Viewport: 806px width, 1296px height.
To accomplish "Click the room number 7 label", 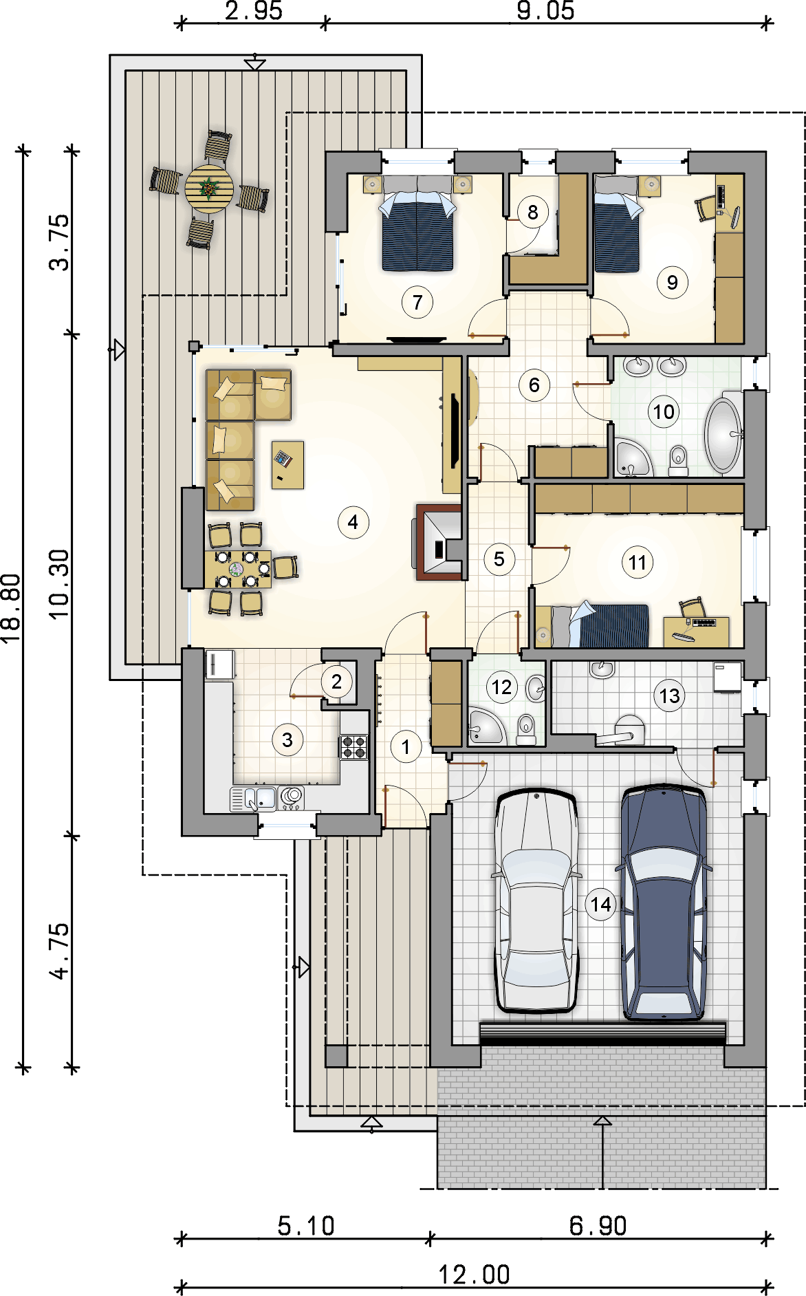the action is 417,302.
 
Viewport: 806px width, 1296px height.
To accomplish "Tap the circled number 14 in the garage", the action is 600,904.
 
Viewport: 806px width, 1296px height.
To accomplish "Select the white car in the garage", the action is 536,900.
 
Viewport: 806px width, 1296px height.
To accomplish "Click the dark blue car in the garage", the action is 664,901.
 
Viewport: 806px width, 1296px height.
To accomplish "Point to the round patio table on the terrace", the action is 209,187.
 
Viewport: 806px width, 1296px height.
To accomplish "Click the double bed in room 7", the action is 417,223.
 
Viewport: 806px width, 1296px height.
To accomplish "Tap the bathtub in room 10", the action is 723,434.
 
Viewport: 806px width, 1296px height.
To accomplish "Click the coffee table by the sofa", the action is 287,464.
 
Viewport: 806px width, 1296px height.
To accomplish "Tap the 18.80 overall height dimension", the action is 12,608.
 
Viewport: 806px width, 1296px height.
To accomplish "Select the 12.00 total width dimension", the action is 475,1275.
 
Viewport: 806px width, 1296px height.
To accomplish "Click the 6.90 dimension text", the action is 598,1225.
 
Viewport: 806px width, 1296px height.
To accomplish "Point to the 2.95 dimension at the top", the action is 254,11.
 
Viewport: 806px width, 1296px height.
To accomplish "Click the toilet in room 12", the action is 525,730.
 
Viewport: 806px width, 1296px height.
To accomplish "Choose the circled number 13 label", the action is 669,696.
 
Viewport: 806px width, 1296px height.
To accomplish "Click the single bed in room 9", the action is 617,224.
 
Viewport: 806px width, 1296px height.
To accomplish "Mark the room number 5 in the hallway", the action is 499,559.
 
